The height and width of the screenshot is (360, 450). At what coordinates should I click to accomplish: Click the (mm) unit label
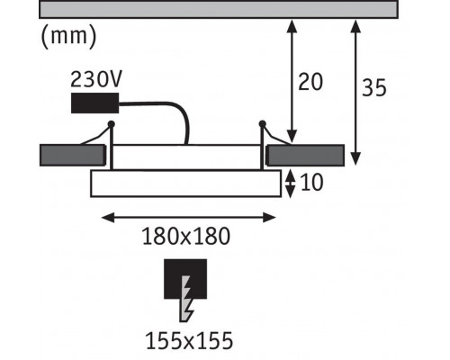pos(68,36)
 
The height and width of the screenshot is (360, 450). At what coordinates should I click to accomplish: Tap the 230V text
pos(96,79)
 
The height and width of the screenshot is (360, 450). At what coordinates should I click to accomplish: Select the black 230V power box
pos(94,103)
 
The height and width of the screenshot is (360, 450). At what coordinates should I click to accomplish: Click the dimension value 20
pos(310,82)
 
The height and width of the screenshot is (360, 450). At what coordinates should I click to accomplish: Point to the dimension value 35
pos(374,87)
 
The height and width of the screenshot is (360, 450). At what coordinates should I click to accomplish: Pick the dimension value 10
pos(311,182)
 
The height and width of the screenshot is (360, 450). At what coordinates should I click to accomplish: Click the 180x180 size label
pos(186,237)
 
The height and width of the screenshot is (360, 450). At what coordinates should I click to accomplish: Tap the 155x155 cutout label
pos(189,340)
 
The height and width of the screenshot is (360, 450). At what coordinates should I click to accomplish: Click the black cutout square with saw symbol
pos(185,279)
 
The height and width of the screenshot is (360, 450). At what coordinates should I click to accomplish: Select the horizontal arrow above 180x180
pos(189,218)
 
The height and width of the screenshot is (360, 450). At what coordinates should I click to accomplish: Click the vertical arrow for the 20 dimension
pos(292,82)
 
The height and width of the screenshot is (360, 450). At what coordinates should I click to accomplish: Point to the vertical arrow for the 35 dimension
pos(355,93)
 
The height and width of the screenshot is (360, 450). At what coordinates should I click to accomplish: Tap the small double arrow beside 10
pos(290,184)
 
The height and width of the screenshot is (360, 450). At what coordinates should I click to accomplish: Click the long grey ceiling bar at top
pos(219,9)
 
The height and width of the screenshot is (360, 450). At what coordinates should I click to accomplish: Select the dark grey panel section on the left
pos(73,156)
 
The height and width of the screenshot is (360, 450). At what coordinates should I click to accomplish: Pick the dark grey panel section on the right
pos(305,156)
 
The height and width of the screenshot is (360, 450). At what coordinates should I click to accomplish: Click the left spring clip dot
pos(112,123)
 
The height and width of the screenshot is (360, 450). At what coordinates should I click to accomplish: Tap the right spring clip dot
pos(262,123)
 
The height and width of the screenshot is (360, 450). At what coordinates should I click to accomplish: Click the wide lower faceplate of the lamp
pos(186,184)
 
